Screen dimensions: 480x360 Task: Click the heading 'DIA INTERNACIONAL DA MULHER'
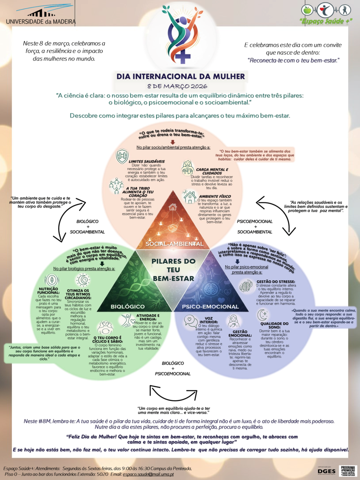181,76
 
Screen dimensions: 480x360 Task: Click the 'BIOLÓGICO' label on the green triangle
127,306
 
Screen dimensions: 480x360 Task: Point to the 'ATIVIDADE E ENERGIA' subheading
148,318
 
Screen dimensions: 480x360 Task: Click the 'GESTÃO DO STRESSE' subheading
276,281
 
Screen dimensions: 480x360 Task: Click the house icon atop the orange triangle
173,207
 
